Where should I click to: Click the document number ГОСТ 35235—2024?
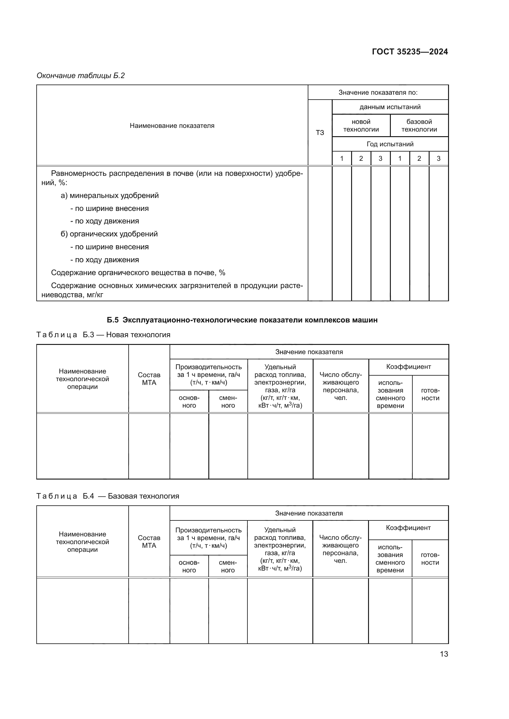pos(410,52)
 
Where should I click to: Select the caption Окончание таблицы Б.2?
pos(81,76)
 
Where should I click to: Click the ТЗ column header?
pos(320,132)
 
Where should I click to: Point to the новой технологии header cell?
pos(361,126)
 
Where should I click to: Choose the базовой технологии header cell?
pos(419,126)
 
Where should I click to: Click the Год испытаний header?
pos(390,144)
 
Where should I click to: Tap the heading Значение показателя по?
pos(378,93)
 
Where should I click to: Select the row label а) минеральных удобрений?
pos(110,196)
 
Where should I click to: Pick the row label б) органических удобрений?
pos(109,234)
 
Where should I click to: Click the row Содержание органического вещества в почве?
pos(138,272)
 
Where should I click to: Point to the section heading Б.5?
pos(242,320)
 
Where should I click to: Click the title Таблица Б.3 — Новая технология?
pos(103,335)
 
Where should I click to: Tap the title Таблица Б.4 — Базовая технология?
pos(108,496)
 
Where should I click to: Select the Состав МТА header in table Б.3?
pos(149,379)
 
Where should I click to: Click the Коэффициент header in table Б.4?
pos(408,528)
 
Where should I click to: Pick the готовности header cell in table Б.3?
pos(430,394)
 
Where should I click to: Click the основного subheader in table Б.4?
pos(189,566)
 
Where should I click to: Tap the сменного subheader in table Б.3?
pos(228,401)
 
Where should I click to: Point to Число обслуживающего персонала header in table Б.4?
pos(340,549)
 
